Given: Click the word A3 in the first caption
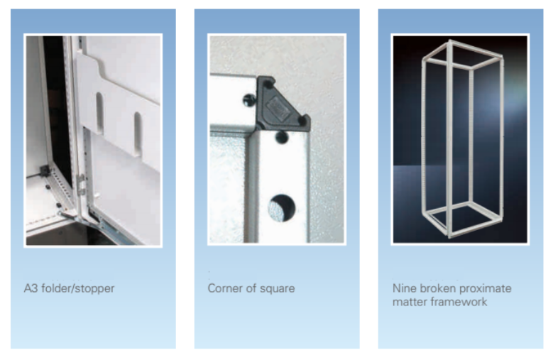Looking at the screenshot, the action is point(31,288).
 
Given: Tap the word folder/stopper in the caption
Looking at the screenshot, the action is point(78,288).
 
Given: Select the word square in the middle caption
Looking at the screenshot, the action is point(277,290).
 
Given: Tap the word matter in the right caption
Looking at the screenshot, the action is point(407,302).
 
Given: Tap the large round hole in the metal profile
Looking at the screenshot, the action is point(281,208).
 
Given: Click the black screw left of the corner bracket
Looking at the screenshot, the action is point(249,100).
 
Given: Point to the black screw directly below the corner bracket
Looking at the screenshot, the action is point(282,138).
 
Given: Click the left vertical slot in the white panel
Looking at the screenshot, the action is point(100,113).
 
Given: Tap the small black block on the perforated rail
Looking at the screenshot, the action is point(45,171).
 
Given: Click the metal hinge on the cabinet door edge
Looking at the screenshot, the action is point(82,185).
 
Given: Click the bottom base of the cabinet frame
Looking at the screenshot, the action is point(462,221).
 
